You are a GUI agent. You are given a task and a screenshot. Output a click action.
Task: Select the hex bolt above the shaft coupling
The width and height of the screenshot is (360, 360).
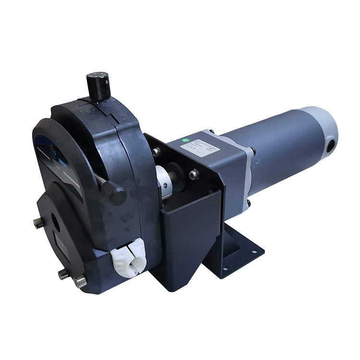pos(156,151)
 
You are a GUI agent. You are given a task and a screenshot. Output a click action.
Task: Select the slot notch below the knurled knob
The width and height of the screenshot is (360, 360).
pos(111,117)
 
